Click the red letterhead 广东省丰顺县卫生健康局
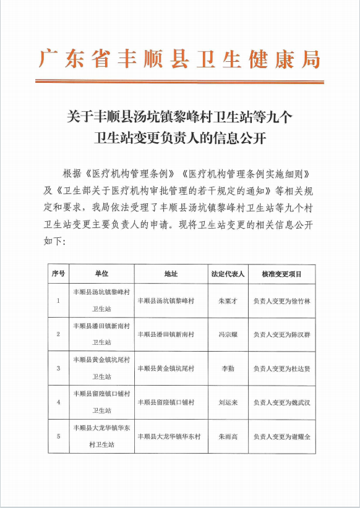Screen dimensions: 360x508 click(179, 60)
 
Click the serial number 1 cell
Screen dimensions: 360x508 click(58, 301)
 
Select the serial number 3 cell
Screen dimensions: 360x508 click(58, 368)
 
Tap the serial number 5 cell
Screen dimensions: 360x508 click(58, 436)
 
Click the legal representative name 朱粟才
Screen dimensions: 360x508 click(228, 301)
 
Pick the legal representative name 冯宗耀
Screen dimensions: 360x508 click(228, 334)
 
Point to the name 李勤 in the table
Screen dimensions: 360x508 click(228, 368)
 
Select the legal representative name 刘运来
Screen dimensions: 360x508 click(228, 402)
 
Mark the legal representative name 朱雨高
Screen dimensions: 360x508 click(228, 436)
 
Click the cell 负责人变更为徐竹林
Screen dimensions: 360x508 click(281, 301)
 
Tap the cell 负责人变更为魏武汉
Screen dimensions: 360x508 click(281, 402)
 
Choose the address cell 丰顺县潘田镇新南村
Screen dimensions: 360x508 click(166, 334)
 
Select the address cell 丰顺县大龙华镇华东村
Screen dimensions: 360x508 click(169, 436)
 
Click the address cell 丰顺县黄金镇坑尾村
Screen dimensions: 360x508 click(166, 368)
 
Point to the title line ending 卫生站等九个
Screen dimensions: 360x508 click(179, 116)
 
